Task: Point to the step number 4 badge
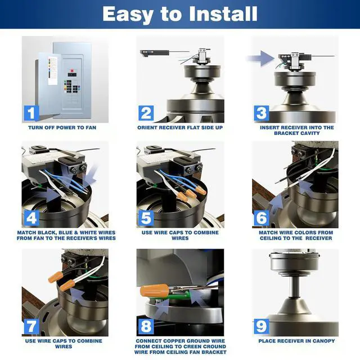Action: click(31, 218)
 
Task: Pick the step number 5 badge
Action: click(146, 218)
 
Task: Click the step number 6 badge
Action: click(262, 218)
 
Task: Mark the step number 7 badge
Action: click(31, 327)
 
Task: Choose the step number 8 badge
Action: click(146, 327)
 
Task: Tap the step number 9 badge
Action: click(262, 327)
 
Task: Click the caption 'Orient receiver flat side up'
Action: click(180, 128)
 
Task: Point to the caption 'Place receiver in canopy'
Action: click(296, 341)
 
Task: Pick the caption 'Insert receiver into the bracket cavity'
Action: click(296, 130)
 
